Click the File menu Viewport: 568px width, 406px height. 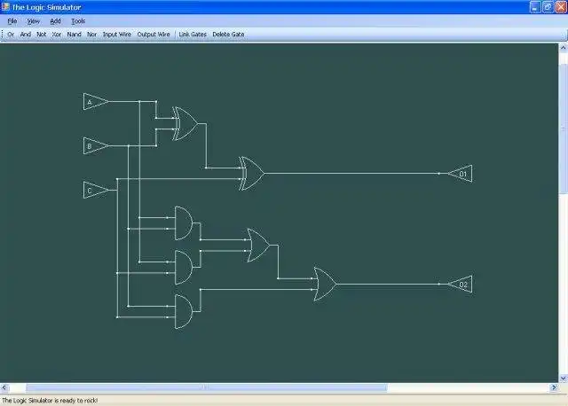[12, 20]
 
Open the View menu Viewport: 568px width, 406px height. [33, 20]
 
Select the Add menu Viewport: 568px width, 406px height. [55, 20]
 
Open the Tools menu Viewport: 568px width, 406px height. [78, 20]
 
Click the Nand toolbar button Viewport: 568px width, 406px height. [74, 35]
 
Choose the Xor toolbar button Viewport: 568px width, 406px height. [57, 35]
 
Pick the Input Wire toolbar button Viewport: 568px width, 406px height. [116, 35]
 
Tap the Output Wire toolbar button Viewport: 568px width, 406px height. [153, 35]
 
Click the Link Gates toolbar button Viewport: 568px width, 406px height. [192, 35]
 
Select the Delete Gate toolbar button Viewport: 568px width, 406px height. [228, 35]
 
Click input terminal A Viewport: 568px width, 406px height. [94, 103]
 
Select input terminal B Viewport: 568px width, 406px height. [94, 145]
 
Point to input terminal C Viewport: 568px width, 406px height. [94, 189]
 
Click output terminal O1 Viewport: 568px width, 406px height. [460, 174]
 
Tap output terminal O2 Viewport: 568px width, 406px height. [460, 285]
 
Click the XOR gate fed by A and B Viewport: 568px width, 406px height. [186, 124]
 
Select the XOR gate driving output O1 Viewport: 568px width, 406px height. [251, 174]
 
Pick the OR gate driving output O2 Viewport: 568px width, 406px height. [324, 285]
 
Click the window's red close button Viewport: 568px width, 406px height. [560, 7]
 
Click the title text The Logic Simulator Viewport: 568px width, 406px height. [46, 7]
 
